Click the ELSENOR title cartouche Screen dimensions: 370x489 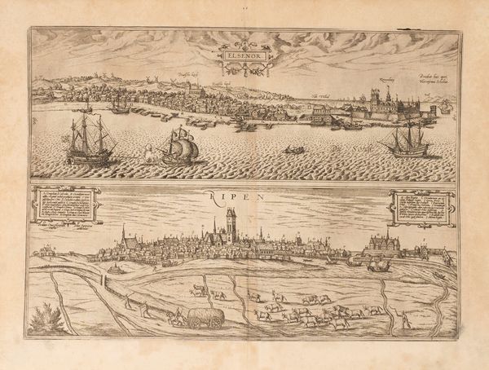(248, 58)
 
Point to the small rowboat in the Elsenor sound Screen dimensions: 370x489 (293, 150)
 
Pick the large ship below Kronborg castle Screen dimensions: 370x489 (407, 141)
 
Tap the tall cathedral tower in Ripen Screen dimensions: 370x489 (231, 224)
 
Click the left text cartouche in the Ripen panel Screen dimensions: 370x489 (66, 205)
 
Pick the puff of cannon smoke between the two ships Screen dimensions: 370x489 (152, 152)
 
